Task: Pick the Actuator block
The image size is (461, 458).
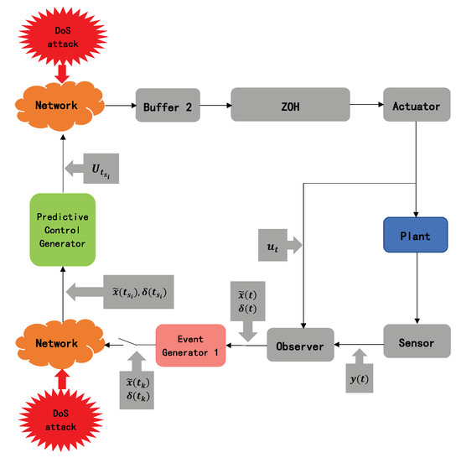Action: pyautogui.click(x=411, y=106)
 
